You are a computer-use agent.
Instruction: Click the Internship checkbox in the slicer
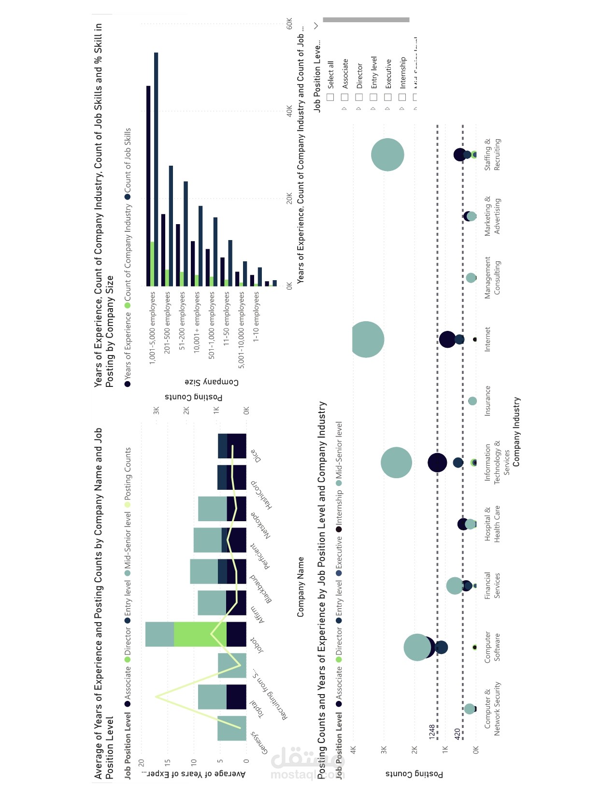pos(402,97)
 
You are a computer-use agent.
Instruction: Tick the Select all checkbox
pos(330,97)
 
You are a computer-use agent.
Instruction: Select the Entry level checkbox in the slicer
pos(373,97)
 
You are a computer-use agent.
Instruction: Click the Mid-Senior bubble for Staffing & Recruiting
pos(387,155)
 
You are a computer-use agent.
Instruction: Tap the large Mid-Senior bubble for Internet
pos(366,339)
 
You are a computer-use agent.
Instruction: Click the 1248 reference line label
pos(432,731)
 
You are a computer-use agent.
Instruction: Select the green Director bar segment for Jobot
pos(200,634)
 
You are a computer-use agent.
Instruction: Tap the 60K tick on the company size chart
pos(289,24)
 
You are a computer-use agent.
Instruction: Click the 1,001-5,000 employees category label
pos(153,327)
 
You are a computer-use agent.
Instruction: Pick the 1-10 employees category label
pos(256,316)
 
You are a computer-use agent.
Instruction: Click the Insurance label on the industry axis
pos(487,400)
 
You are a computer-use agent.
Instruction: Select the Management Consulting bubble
pos(471,278)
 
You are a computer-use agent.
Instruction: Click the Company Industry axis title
pos(516,431)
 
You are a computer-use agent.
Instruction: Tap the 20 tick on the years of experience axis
pos(142,763)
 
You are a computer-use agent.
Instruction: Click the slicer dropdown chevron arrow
pos(316,26)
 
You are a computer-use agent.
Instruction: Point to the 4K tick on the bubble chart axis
pos(353,750)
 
